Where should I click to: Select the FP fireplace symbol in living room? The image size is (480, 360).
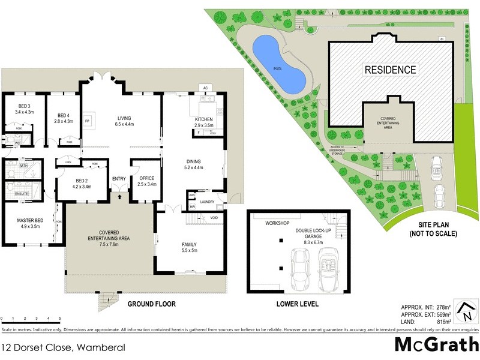tap(87, 121)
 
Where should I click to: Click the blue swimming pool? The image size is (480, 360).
tap(278, 62)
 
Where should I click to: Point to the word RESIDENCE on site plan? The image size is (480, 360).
tap(391, 70)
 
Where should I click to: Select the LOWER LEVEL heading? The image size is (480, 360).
tap(297, 304)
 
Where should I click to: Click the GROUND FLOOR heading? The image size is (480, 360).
tap(151, 304)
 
